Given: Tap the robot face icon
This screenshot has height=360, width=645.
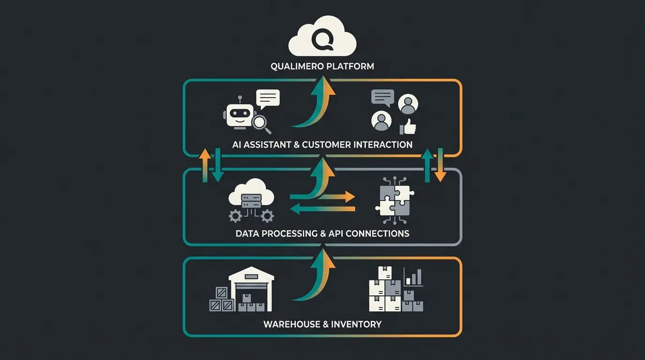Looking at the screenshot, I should click(240, 114).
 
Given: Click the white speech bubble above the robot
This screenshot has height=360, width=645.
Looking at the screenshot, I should click(268, 98).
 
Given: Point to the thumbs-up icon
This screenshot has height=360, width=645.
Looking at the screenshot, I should click(408, 126).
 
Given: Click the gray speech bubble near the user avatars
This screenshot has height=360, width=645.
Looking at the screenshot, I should click(383, 97).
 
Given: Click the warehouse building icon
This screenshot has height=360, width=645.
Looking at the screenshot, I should click(251, 289).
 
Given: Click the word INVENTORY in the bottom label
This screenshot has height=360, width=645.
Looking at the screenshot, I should click(356, 324).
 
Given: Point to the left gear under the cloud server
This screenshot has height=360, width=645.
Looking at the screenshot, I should click(235, 216).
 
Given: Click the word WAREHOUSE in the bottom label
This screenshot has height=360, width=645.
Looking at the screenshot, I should click(290, 324).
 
